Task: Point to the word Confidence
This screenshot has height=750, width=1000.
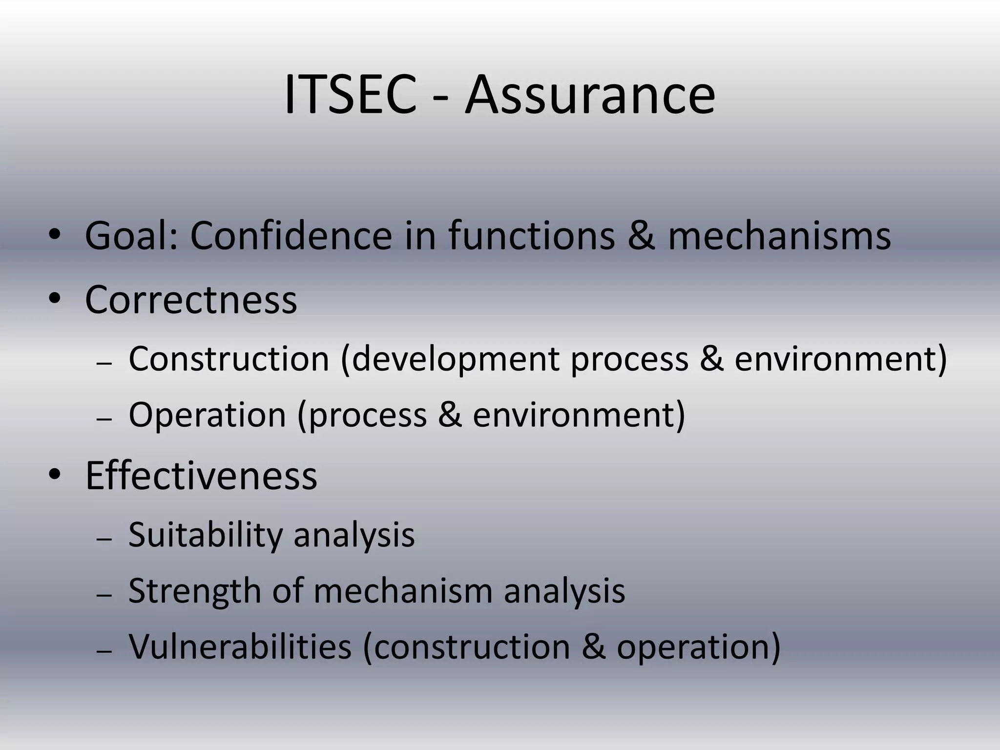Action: pos(291,235)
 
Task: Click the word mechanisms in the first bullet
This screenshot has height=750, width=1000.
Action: pos(779,235)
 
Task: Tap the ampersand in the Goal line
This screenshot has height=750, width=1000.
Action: pos(641,235)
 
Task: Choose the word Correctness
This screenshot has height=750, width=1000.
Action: pos(191,299)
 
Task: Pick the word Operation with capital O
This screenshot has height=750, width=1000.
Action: pos(207,415)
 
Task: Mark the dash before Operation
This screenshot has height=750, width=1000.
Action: pos(104,419)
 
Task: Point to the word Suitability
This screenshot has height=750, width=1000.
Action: pos(205,535)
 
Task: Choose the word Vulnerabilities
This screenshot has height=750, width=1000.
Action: pos(240,646)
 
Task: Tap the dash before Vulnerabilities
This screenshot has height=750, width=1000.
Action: pos(104,651)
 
